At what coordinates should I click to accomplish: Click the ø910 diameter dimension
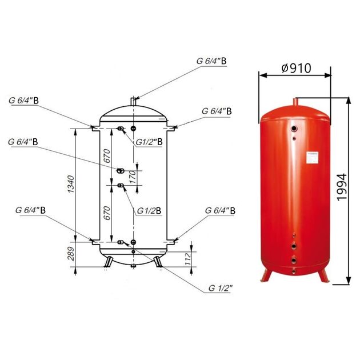click(296, 68)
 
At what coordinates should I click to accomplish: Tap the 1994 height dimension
click(341, 187)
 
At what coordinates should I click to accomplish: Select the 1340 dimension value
click(71, 184)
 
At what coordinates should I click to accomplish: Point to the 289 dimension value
click(71, 254)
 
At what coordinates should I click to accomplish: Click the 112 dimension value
click(188, 259)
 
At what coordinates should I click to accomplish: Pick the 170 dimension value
click(133, 177)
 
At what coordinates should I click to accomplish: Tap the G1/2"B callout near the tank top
click(149, 142)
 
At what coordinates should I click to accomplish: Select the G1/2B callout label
click(149, 211)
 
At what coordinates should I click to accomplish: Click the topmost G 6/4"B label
click(211, 61)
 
